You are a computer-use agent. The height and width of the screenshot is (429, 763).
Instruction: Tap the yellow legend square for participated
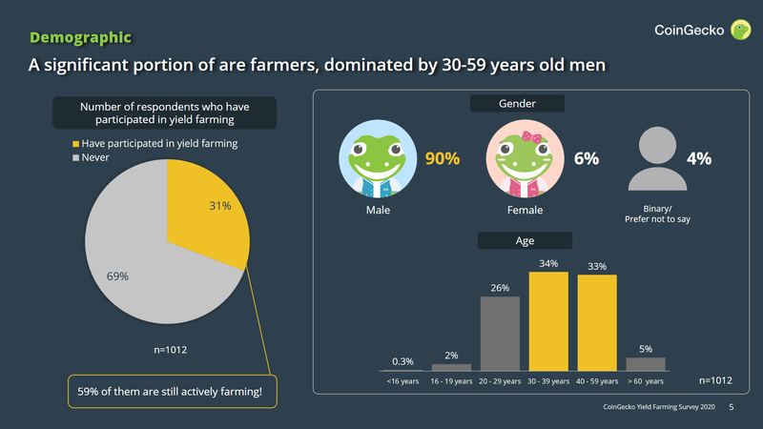74,143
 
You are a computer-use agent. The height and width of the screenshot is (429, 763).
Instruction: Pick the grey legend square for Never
74,157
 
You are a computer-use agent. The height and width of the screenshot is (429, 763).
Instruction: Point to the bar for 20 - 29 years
500,334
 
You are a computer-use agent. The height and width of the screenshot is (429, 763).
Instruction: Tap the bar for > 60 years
646,363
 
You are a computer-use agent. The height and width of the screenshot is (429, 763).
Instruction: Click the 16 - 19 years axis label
450,381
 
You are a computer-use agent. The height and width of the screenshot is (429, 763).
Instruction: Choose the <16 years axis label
402,381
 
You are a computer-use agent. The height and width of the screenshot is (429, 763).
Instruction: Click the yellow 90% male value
443,159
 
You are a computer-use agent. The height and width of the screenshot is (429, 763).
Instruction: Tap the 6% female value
586,159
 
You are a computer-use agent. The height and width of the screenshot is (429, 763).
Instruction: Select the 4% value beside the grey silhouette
699,158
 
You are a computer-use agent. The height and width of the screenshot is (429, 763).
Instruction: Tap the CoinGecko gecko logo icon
741,31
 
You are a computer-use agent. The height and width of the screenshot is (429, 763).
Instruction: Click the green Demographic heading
80,37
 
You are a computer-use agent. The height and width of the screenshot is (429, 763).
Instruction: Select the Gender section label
517,103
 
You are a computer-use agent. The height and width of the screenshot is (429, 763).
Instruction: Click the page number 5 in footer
732,407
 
